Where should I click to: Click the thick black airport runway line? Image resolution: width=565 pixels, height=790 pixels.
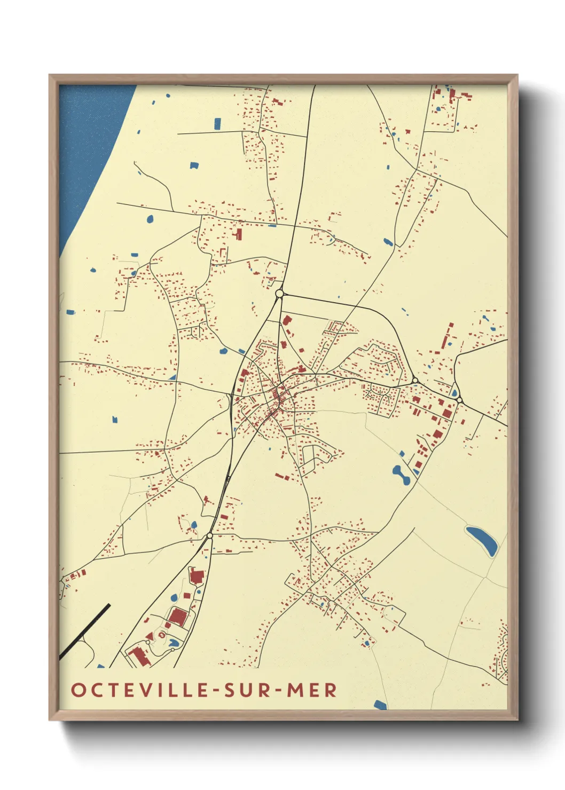(x=85, y=630)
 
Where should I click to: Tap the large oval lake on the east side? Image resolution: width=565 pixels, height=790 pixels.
(x=482, y=540)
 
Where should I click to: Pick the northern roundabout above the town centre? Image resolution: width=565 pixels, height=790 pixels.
(x=279, y=293)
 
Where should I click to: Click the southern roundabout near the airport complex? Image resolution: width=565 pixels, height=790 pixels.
(x=210, y=535)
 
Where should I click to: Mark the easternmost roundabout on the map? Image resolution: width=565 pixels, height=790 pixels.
(x=459, y=399)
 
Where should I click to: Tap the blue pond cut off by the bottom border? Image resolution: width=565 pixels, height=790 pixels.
(x=380, y=705)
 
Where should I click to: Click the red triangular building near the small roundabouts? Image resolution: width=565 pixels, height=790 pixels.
(x=139, y=655)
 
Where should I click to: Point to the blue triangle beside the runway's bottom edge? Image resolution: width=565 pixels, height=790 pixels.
(x=100, y=666)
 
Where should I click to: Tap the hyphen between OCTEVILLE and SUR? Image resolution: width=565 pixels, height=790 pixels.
(x=215, y=691)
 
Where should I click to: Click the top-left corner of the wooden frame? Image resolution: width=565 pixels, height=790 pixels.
(x=50, y=76)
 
